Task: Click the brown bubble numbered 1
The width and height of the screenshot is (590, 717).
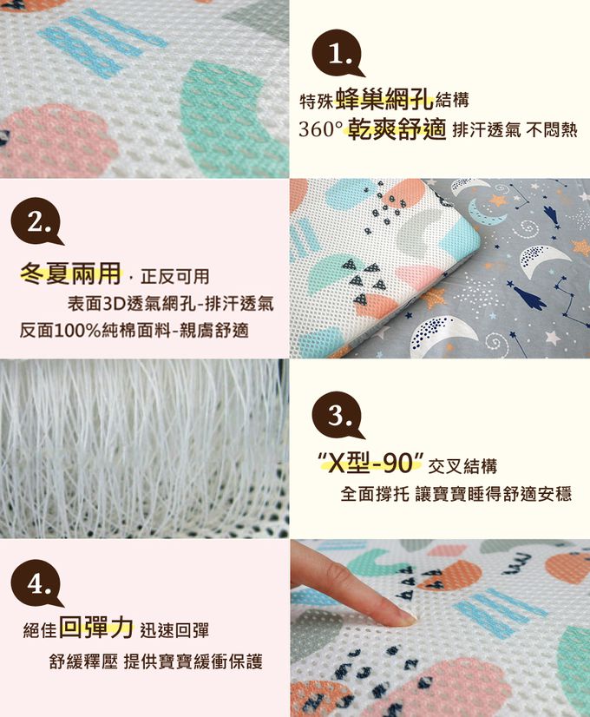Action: click(337, 54)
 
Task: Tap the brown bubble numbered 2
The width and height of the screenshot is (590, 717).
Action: click(36, 221)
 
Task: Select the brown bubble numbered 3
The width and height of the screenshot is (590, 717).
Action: click(337, 415)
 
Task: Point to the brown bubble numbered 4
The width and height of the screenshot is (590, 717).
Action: click(36, 583)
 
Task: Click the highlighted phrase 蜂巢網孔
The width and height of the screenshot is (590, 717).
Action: click(384, 98)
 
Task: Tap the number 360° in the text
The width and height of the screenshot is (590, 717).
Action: click(320, 129)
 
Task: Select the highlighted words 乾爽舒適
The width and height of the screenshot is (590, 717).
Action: click(397, 129)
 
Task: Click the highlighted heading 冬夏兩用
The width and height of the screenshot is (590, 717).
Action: click(71, 273)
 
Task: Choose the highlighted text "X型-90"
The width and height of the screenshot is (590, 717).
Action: click(370, 464)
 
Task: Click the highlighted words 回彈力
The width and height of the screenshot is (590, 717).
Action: click(96, 628)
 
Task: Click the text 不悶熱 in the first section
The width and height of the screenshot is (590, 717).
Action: click(552, 130)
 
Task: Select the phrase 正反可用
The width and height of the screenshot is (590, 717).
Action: click(174, 277)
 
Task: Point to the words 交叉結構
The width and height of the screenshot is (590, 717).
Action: click(462, 466)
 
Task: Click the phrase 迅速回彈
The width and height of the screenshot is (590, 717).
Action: click(174, 630)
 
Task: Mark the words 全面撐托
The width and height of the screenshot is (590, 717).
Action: click(375, 494)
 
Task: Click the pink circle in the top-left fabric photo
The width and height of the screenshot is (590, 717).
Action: click(57, 137)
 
